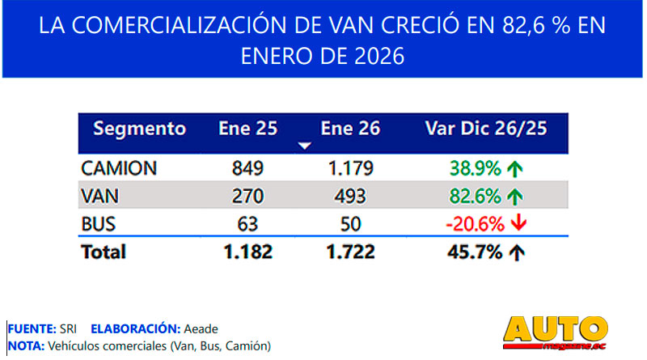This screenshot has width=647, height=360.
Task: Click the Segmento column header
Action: point(139,129)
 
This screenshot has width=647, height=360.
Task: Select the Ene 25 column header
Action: point(247,129)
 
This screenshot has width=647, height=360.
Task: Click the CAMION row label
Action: point(119,169)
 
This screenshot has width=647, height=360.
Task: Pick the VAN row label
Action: point(100,195)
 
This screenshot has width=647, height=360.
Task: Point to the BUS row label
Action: point(99,222)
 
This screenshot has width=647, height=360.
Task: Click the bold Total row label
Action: point(104,252)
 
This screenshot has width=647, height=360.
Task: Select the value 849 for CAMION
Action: point(247,169)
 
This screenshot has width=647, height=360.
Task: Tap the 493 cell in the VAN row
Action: point(350,195)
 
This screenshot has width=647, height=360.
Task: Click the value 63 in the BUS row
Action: point(247,222)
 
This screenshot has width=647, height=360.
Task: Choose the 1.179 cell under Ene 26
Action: point(350,169)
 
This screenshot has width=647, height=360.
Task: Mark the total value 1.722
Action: point(350,252)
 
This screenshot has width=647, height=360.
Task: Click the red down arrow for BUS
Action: point(518,222)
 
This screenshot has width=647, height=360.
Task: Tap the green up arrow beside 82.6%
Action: point(514,195)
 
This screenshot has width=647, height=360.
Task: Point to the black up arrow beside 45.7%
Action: point(514,252)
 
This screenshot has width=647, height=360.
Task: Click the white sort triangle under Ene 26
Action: point(305,146)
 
